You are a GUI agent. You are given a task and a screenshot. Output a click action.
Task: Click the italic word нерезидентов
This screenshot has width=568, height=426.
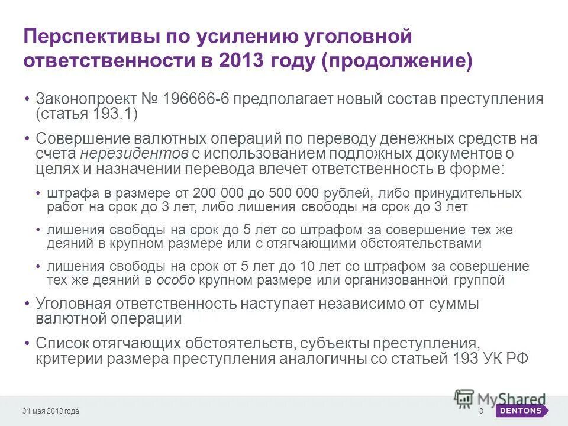coord(134,153)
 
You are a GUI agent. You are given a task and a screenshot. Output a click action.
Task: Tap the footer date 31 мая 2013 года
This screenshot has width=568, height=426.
coord(51,411)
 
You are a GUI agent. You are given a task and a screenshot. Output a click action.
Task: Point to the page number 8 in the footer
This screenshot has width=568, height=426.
coord(481,411)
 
